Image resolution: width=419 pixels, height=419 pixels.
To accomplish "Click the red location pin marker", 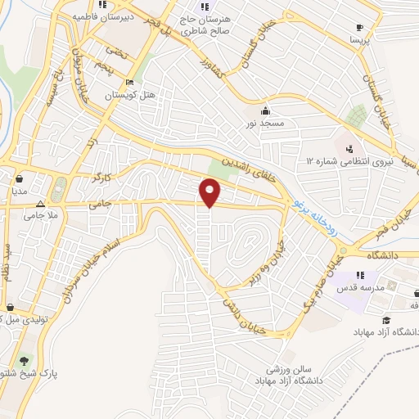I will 210,192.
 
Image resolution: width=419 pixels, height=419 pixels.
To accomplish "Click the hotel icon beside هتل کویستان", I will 129,82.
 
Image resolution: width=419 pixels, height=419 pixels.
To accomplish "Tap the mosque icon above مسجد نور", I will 264,110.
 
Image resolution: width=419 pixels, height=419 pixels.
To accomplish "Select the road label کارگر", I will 102,175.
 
